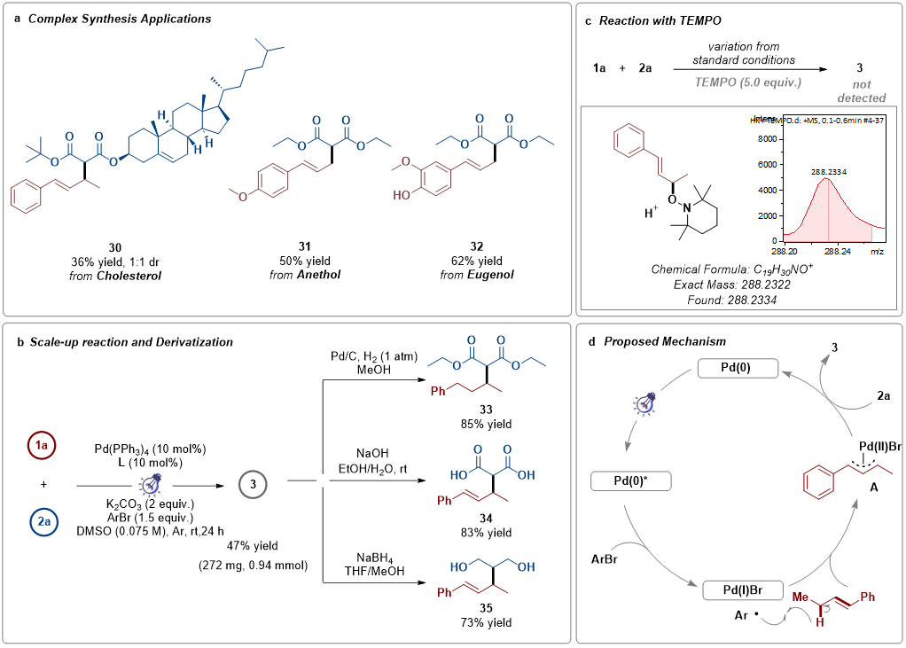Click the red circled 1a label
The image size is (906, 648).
(42, 446)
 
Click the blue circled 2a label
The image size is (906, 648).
(44, 523)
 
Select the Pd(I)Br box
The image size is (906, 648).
(743, 590)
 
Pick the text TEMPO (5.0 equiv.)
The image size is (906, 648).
(747, 82)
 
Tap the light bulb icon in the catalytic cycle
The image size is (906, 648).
(647, 404)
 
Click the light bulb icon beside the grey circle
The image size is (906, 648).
(152, 484)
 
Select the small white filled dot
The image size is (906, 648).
(323, 480)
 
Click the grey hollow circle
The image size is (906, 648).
(253, 484)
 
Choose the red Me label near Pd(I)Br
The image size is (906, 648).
(801, 597)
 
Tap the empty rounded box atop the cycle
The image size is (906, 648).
(735, 368)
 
